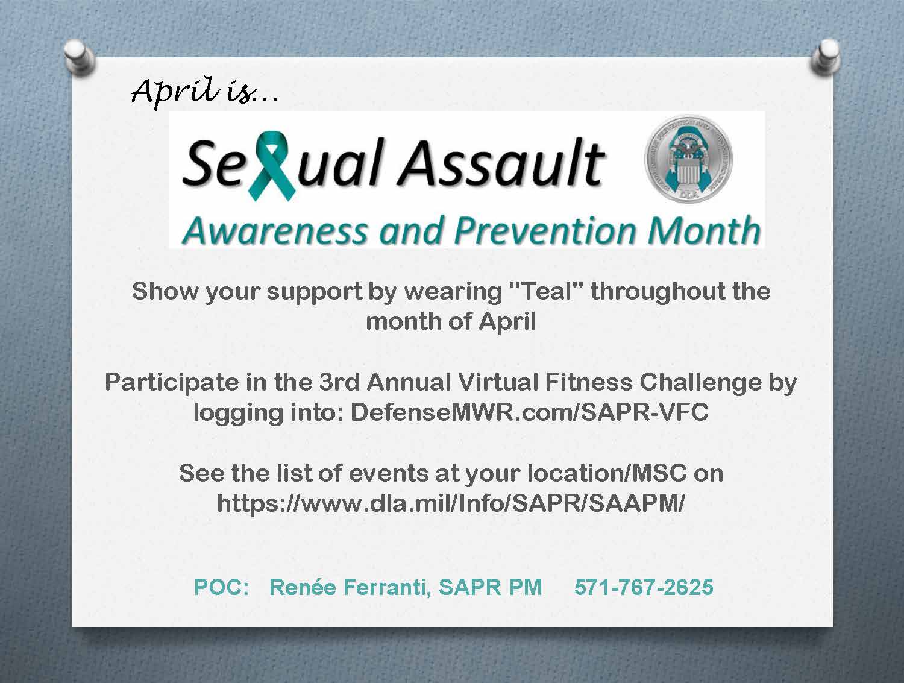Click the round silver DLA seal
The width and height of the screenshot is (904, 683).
(x=688, y=159)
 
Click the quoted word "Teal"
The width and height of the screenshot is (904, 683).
(x=546, y=291)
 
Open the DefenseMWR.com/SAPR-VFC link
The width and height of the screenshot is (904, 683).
(x=529, y=412)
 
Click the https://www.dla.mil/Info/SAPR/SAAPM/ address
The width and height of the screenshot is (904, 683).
(x=451, y=503)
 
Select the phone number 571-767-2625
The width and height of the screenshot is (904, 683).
(x=644, y=587)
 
